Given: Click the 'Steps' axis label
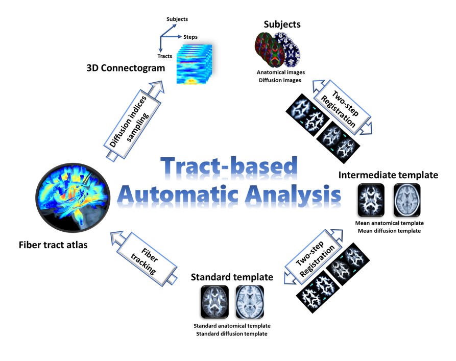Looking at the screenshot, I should pos(190,37).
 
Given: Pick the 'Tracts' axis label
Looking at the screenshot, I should pos(164,56).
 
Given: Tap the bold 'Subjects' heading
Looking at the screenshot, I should pos(282,24).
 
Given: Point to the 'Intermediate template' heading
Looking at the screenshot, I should pos(388,175).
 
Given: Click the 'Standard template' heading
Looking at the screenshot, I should pos(231,277).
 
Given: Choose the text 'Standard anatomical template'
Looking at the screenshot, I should pos(232,326).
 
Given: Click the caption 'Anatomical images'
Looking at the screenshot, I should pos(281,72).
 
